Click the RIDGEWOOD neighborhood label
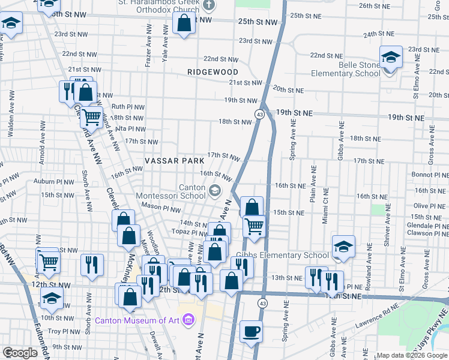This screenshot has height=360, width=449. [212, 71]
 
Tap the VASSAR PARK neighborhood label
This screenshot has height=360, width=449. [170, 162]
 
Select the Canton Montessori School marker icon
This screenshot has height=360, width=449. [214, 191]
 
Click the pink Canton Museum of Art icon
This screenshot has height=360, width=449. [188, 319]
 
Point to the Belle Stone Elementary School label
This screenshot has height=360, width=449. [346, 69]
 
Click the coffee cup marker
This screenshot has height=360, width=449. [251, 331]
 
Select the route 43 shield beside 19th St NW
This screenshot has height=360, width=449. [259, 113]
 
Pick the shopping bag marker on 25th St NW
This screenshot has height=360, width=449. [184, 24]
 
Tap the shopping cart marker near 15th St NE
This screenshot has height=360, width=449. [254, 226]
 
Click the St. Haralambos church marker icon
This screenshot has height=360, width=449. [209, 6]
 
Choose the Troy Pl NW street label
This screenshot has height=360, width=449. [64, 331]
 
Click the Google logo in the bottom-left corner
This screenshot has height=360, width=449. [20, 353]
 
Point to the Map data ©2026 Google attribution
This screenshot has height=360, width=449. [412, 355]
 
